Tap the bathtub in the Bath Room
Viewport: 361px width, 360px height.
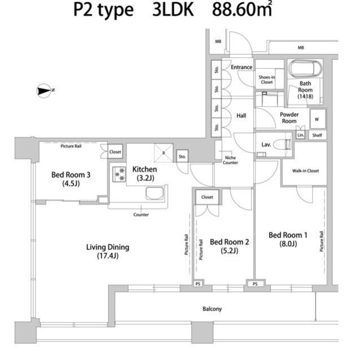click(x=305, y=69)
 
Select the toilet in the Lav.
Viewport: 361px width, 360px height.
click(x=283, y=145)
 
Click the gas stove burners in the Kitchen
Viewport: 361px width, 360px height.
click(x=119, y=174)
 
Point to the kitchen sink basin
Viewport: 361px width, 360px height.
click(x=155, y=193)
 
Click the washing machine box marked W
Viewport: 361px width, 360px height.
click(x=318, y=119)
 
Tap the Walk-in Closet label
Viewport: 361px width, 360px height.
click(x=305, y=171)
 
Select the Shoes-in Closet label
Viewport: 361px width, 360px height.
click(x=267, y=79)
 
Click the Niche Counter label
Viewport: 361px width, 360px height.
click(x=230, y=160)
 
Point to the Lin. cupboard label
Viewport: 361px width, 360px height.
click(x=301, y=135)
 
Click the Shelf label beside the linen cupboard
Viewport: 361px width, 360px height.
click(x=317, y=135)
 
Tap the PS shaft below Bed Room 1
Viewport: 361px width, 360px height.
click(x=256, y=284)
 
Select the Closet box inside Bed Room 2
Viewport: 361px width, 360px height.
click(x=207, y=197)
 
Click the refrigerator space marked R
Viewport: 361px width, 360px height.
click(x=164, y=153)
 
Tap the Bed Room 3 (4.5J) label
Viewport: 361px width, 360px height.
click(x=71, y=179)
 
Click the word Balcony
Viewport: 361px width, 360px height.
click(x=212, y=309)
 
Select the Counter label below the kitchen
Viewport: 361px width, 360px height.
click(x=141, y=215)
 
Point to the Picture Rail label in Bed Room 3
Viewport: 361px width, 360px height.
click(x=71, y=146)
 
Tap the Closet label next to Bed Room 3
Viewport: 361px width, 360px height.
click(x=115, y=152)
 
